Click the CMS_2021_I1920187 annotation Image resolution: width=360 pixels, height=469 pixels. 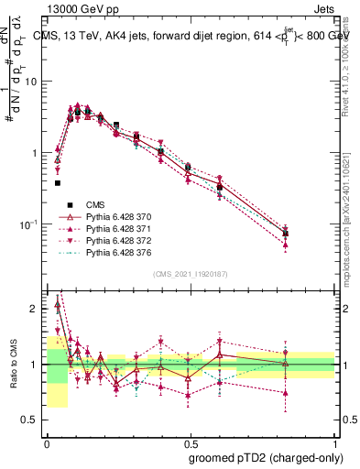191,274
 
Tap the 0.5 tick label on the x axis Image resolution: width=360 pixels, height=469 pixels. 191,441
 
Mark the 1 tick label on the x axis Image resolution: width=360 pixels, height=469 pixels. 334,441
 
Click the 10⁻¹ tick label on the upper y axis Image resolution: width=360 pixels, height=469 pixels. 31,224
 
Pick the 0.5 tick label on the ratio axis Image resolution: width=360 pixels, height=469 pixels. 33,420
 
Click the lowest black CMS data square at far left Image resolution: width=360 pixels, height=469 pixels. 57,182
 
